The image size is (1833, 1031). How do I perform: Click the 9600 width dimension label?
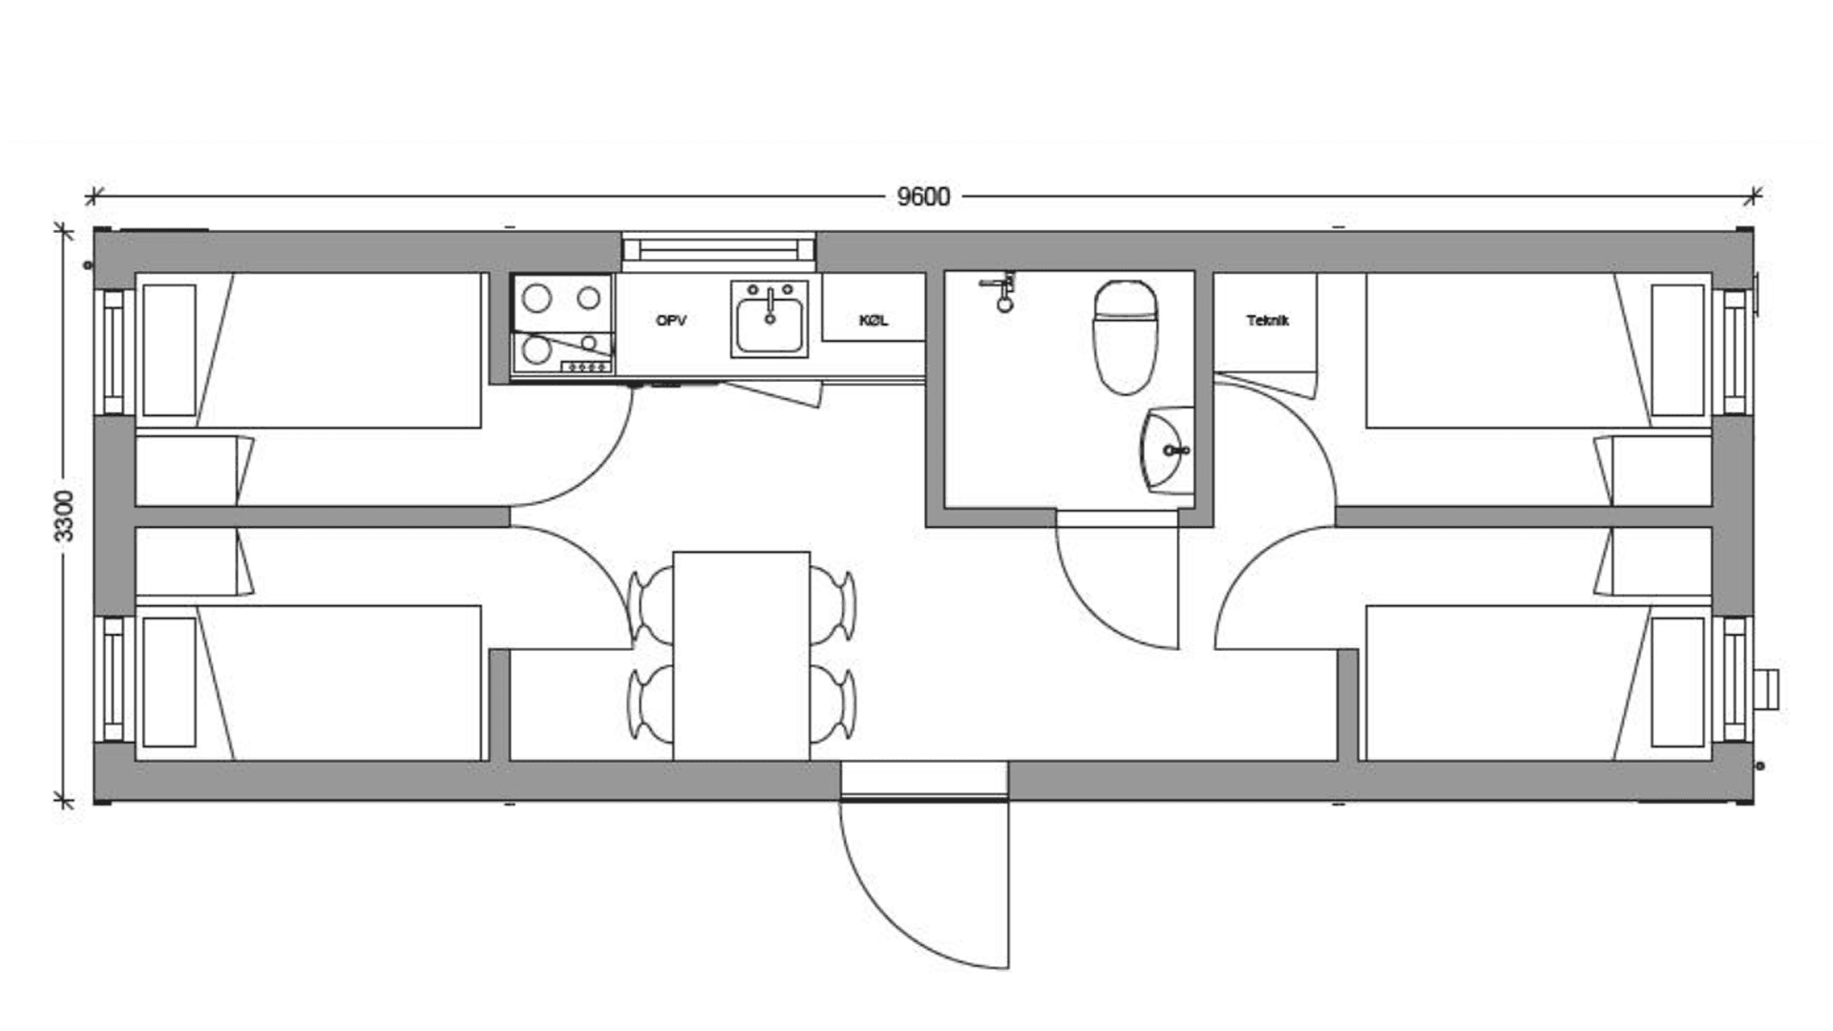(x=923, y=197)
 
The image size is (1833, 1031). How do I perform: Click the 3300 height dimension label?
(x=63, y=515)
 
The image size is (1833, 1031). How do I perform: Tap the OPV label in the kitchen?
(x=671, y=321)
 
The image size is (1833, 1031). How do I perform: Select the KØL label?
(x=874, y=321)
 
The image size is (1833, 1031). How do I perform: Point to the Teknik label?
(x=1267, y=321)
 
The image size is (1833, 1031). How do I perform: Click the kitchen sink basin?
(x=769, y=319)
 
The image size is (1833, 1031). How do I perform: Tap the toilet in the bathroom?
(x=1126, y=337)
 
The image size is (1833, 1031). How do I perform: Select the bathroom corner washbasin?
(x=1167, y=450)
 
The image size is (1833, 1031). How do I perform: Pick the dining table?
(x=742, y=656)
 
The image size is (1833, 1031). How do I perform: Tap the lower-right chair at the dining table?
(x=832, y=705)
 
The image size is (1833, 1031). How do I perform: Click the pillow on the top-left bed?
(x=169, y=350)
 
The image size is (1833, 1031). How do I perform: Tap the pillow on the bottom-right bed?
(x=1677, y=682)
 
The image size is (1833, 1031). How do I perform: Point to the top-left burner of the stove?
(x=537, y=298)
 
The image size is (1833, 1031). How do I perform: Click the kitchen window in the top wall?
(x=719, y=249)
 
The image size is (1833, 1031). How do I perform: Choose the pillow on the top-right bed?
(x=1677, y=350)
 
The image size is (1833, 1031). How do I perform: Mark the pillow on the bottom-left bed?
(x=169, y=682)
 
